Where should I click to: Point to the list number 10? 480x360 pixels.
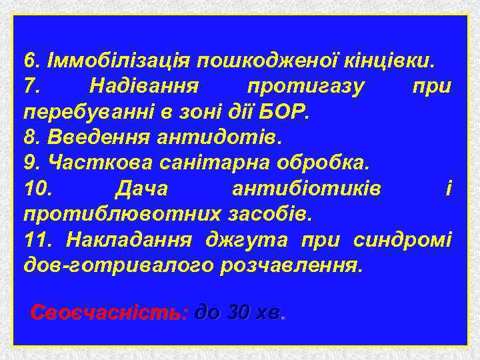38,189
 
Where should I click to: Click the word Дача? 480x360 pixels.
141,189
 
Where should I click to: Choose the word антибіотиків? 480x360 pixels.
307,189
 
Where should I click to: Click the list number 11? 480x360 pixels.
37,240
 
